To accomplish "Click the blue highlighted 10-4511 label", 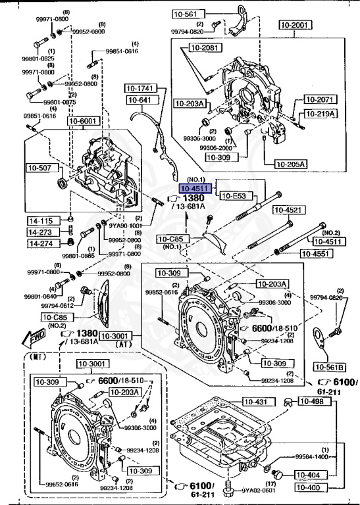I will pos(191,189).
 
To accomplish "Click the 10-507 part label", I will pos(39,168).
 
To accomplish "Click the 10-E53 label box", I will pos(233,196).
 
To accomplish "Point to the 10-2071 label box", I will pos(320,99).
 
